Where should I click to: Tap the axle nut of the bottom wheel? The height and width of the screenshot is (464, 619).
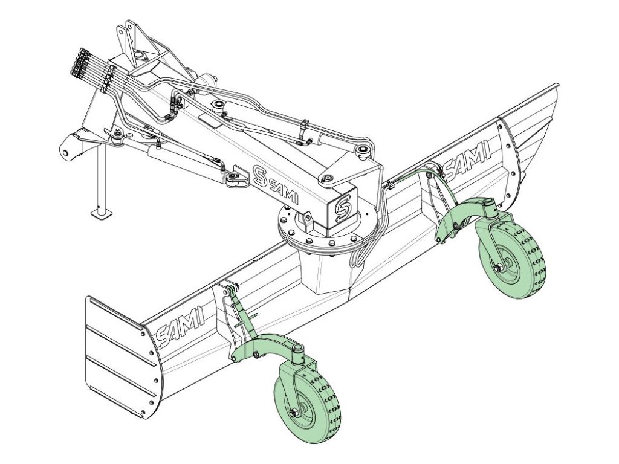(293, 413)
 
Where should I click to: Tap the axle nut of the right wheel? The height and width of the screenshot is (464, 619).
(497, 268)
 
